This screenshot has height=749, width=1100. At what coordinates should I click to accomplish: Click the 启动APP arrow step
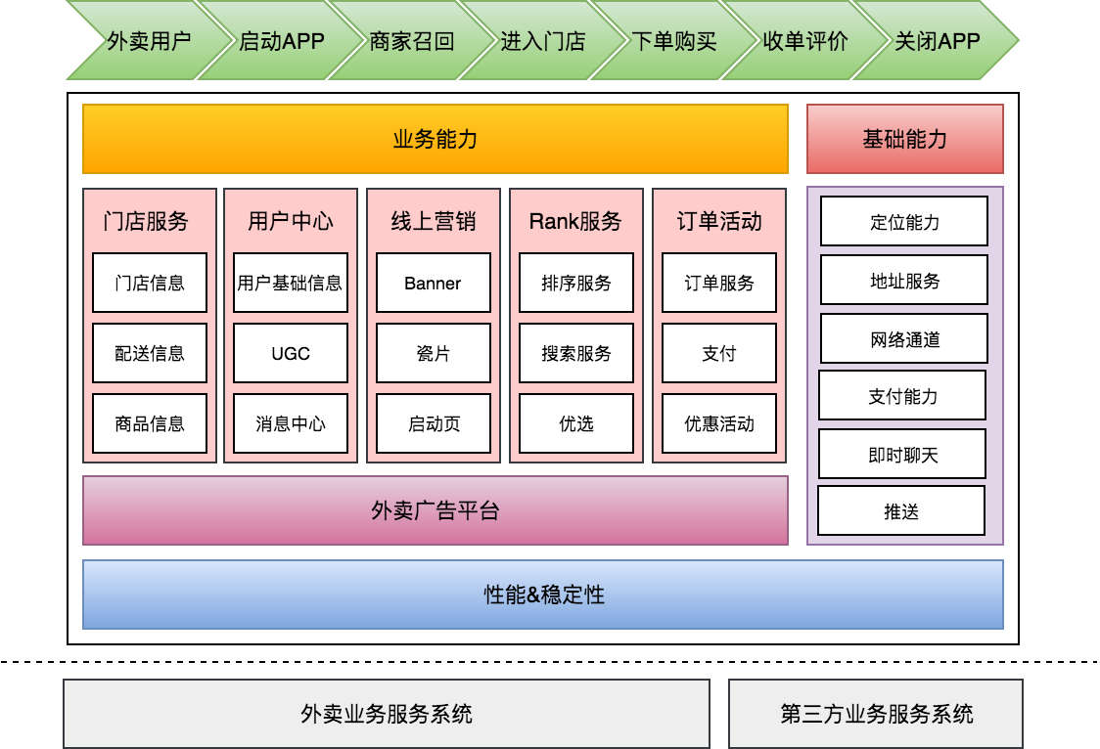pos(281,41)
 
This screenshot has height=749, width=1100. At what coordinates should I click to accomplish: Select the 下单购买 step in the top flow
pos(673,41)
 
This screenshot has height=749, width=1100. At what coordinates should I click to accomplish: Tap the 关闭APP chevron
pos(937,41)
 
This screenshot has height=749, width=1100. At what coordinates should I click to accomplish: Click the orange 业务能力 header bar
pos(435,139)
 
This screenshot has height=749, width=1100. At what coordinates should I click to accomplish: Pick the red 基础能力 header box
pos(904,139)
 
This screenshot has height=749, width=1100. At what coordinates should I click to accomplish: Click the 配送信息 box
pos(150,353)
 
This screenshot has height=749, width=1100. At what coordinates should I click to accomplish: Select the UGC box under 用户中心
pos(291,353)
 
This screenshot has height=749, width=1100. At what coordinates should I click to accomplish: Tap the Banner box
pos(433,284)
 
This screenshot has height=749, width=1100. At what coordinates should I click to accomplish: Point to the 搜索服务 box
pos(575,353)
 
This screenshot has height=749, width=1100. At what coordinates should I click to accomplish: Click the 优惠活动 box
pos(719,423)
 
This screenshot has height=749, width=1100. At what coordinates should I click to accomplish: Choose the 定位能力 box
pos(903,222)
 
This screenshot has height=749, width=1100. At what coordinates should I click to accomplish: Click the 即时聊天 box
pos(902,455)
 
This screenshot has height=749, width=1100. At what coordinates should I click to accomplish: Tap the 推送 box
pos(900,511)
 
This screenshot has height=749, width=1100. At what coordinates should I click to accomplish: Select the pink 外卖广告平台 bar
pos(435,510)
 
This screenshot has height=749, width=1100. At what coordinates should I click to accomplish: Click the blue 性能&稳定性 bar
pos(543,595)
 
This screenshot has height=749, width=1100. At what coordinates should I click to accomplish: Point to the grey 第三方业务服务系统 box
pos(876,714)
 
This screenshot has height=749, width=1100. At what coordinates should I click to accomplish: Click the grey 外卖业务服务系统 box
pos(387,714)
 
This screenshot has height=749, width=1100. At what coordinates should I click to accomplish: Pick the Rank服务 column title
pos(575,221)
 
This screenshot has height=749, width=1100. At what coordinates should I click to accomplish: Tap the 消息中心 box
pos(291,423)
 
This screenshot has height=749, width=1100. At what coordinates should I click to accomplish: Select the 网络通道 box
pos(903,339)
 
